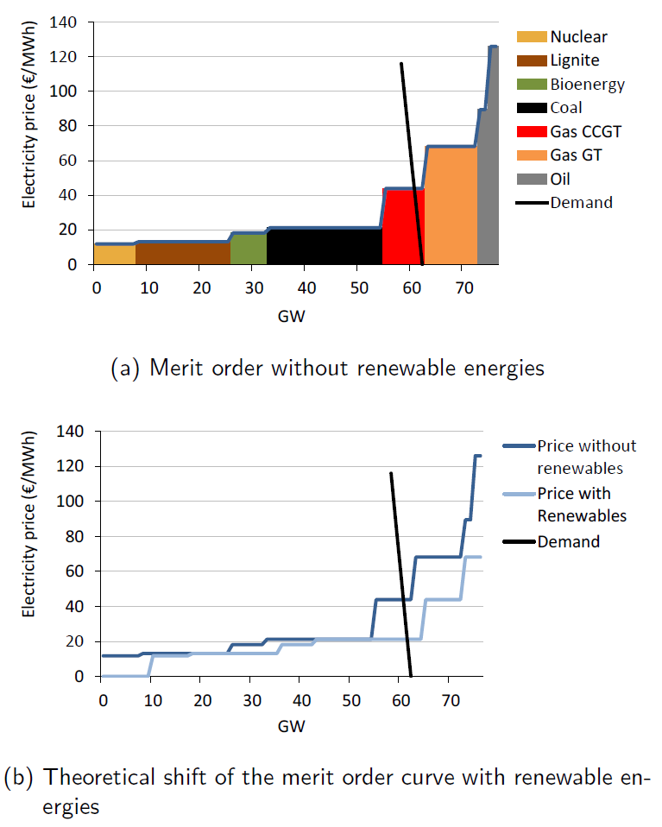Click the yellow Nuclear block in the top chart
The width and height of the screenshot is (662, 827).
pyautogui.click(x=115, y=255)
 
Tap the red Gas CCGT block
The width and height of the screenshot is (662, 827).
pyautogui.click(x=402, y=229)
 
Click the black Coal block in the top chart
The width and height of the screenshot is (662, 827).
pyautogui.click(x=325, y=246)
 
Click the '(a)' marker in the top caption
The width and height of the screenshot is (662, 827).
pyautogui.click(x=126, y=368)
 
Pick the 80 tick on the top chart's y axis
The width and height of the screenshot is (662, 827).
pyautogui.click(x=73, y=126)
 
